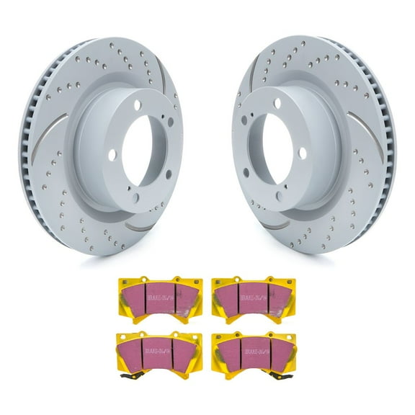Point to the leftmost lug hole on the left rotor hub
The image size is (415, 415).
tap(113, 154)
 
